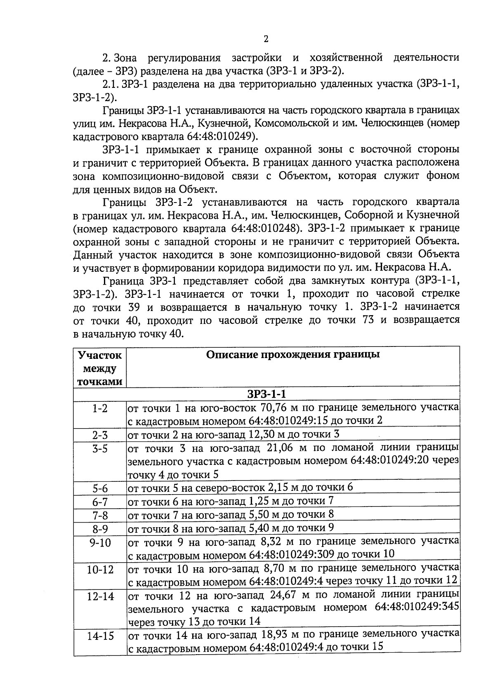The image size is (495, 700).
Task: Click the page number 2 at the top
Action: tap(266, 39)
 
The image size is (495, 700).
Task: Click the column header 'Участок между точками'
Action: tap(100, 368)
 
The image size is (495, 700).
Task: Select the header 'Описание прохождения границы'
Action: tap(293, 355)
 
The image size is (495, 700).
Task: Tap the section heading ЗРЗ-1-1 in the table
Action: tap(266, 394)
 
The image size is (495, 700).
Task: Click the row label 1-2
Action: tap(100, 408)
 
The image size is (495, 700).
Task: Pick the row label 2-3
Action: tap(100, 435)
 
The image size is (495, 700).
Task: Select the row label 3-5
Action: tap(100, 449)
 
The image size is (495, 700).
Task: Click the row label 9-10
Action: tap(100, 542)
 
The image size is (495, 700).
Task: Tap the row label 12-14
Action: tap(100, 596)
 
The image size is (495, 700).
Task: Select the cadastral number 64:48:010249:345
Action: tap(417, 608)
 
